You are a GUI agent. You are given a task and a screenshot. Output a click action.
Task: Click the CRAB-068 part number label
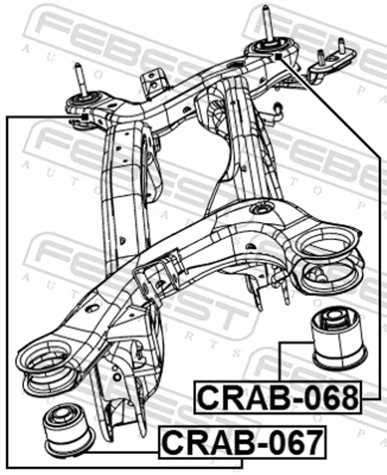point(278,397)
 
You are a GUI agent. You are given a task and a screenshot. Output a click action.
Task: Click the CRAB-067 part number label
point(242,442)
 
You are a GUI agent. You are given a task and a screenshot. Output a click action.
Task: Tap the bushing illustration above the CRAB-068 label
point(339,338)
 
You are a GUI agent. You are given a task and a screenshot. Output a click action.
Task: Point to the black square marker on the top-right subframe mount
point(278,56)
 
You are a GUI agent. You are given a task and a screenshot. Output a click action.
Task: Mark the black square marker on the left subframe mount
point(85,117)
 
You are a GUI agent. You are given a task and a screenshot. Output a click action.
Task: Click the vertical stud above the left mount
point(80,79)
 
